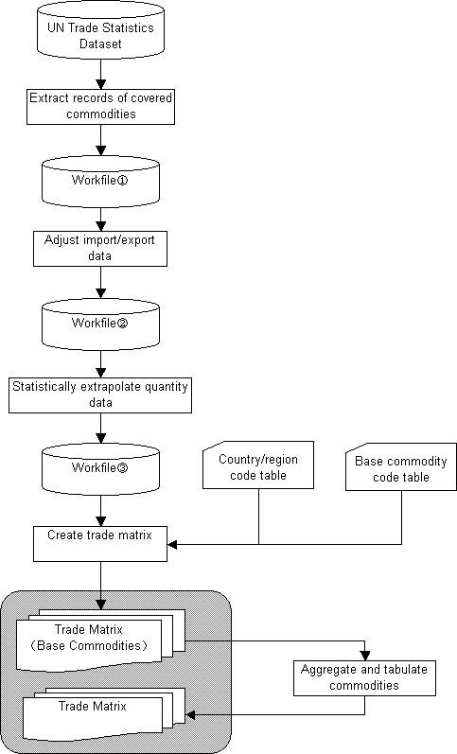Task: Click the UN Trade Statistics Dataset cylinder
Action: pyautogui.click(x=100, y=31)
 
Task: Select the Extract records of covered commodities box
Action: pyautogui.click(x=100, y=107)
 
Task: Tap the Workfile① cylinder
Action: pyautogui.click(x=100, y=182)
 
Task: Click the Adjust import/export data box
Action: pyautogui.click(x=100, y=249)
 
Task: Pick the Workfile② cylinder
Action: pyautogui.click(x=100, y=324)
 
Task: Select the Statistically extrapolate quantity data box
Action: pyautogui.click(x=100, y=395)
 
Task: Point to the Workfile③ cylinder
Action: pyautogui.click(x=100, y=469)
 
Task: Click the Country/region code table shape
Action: pyautogui.click(x=258, y=465)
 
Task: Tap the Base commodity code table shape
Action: pyautogui.click(x=401, y=467)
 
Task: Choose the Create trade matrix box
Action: pyautogui.click(x=100, y=544)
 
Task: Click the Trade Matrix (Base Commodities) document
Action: pyautogui.click(x=100, y=640)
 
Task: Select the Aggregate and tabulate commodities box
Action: pyautogui.click(x=364, y=678)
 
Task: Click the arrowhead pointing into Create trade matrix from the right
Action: pyautogui.click(x=172, y=544)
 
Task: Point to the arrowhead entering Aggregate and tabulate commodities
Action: pyautogui.click(x=365, y=656)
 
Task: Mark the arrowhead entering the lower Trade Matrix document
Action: pyautogui.click(x=190, y=715)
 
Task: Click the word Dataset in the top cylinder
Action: pyautogui.click(x=100, y=44)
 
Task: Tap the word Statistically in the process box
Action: pyautogui.click(x=44, y=387)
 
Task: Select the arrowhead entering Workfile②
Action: pyautogui.click(x=100, y=293)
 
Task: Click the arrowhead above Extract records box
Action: pyautogui.click(x=100, y=84)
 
